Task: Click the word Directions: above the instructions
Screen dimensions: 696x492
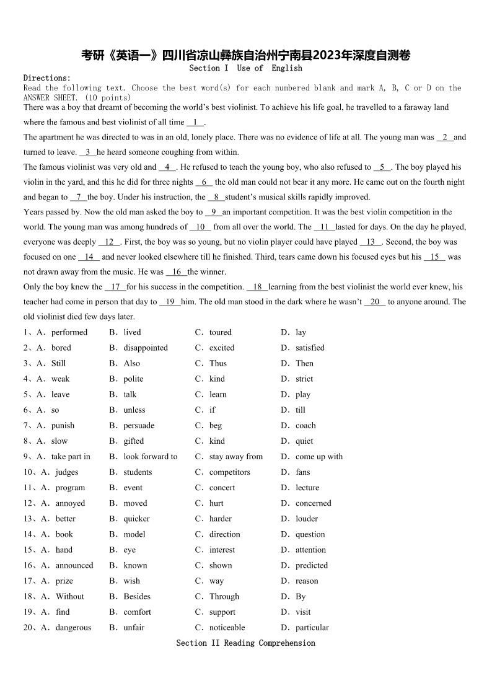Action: [47, 78]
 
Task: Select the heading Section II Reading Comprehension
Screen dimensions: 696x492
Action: [245, 643]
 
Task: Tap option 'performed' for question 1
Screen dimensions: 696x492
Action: [69, 332]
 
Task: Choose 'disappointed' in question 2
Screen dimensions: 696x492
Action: [146, 348]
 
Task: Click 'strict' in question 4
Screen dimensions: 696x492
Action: [304, 379]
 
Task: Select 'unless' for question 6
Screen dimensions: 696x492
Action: [134, 410]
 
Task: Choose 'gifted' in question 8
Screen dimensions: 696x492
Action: [133, 441]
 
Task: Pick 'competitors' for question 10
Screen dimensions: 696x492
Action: [230, 472]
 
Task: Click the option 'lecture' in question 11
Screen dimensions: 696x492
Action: [307, 488]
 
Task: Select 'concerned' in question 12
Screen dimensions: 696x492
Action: [314, 503]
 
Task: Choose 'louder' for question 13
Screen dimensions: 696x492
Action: [307, 519]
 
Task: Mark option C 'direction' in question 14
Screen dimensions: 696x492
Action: [224, 534]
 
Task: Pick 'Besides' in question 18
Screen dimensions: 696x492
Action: [137, 596]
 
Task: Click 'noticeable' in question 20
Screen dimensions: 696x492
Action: [227, 627]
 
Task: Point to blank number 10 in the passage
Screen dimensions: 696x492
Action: [200, 227]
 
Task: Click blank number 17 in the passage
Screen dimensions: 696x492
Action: [115, 287]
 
